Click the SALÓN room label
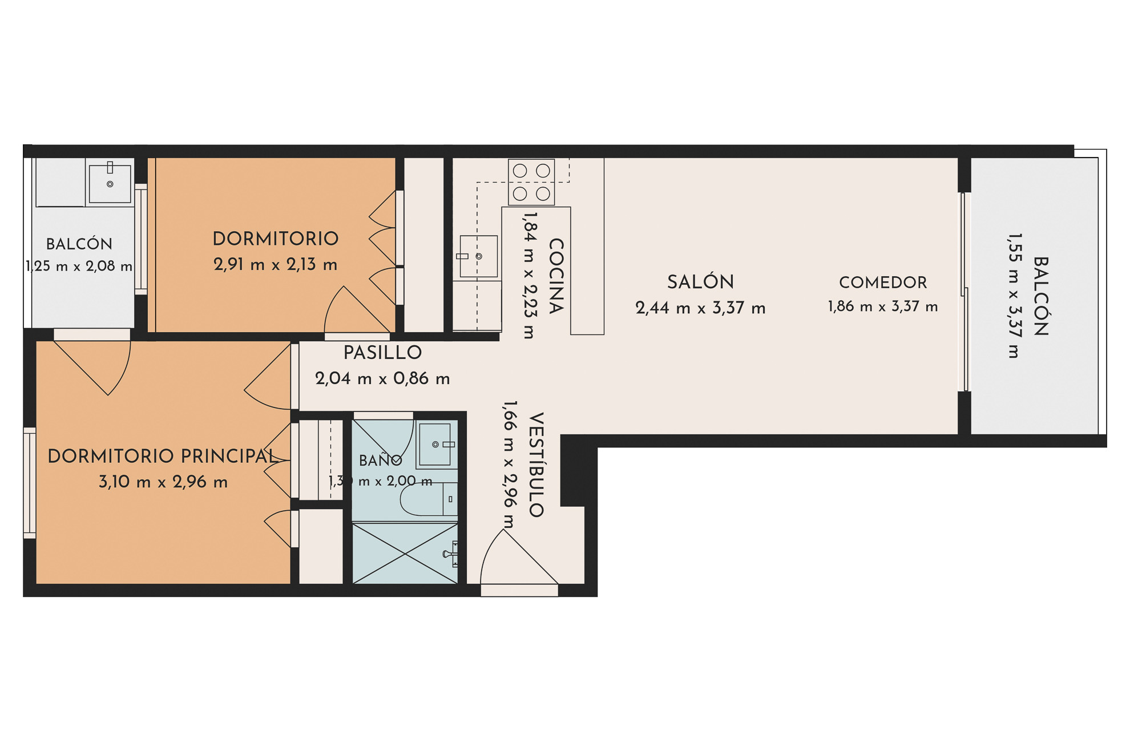700,282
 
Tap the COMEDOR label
883,282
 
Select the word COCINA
556,276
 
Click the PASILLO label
382,353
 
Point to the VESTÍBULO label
536,465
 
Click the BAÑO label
381,459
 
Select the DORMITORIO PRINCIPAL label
163,456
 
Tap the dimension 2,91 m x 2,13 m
276,264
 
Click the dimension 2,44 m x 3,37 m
700,308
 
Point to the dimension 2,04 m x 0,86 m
382,378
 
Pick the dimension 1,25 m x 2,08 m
79,266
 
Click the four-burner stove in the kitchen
531,182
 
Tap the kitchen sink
478,256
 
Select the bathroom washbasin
436,444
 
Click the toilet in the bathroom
428,499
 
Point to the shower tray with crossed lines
405,553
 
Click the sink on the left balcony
110,182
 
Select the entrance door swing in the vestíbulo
519,557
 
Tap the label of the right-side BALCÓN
1041,296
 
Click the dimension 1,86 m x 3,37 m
883,306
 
